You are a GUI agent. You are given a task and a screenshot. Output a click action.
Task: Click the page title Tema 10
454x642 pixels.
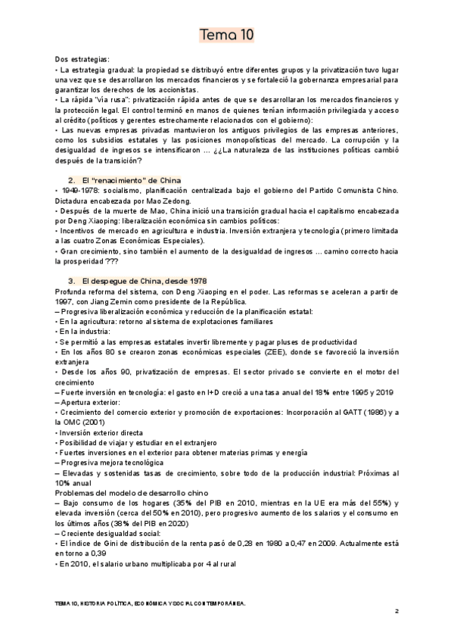226,35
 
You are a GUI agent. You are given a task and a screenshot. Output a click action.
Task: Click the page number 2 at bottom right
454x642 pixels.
396,610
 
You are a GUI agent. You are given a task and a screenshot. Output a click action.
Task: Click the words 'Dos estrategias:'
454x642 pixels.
82,59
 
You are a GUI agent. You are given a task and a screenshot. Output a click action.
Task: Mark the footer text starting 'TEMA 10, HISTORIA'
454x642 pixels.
151,603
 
